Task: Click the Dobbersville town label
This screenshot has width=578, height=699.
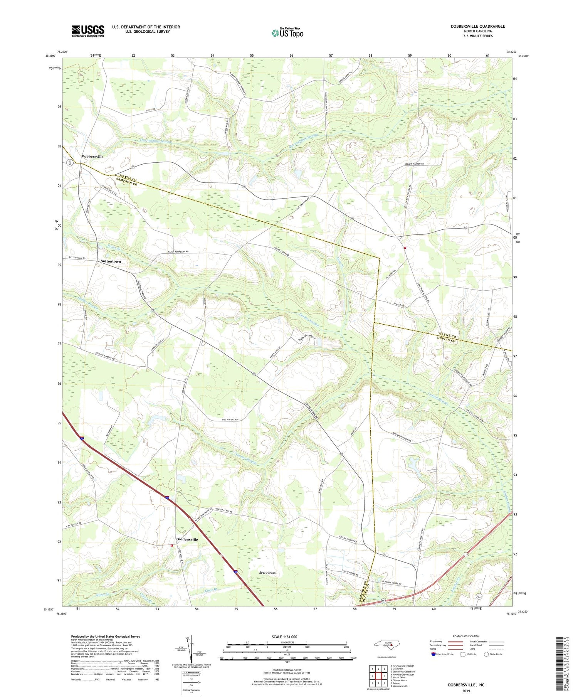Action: tap(92, 157)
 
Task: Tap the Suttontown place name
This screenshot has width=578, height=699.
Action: tap(111, 261)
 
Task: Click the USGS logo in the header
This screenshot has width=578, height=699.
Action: tap(88, 31)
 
